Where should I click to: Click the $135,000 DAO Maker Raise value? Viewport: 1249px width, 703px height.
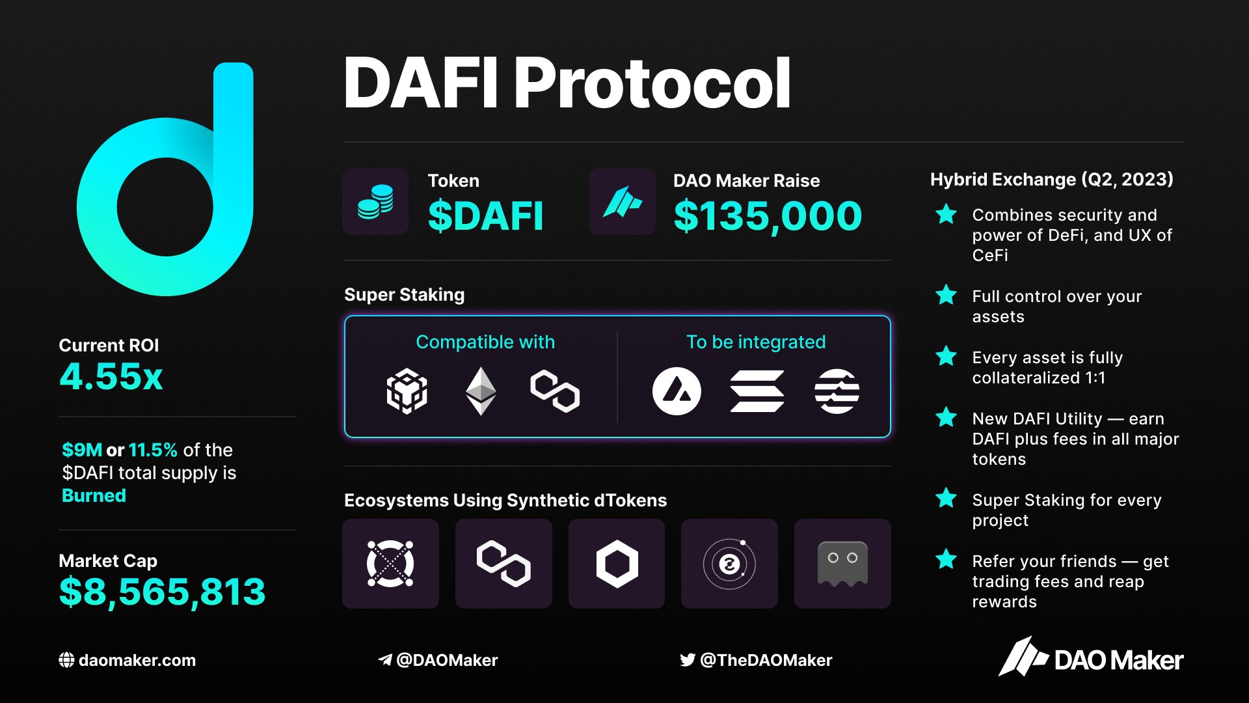[x=768, y=217]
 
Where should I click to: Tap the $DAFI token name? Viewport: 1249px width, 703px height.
[x=485, y=217]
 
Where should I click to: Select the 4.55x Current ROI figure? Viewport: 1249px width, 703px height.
[x=111, y=377]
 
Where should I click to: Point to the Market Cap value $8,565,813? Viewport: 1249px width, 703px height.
[x=162, y=592]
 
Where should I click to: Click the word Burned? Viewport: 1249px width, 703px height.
[x=94, y=496]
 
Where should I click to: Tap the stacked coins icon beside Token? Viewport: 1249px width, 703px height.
[x=375, y=202]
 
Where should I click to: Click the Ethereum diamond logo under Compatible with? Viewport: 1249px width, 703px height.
[x=481, y=391]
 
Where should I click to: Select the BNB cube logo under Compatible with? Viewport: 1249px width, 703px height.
[x=407, y=391]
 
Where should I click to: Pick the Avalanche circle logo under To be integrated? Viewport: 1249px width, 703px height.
[x=677, y=391]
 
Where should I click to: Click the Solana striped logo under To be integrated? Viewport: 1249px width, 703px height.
[x=757, y=391]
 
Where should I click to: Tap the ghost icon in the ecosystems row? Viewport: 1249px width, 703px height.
[x=842, y=564]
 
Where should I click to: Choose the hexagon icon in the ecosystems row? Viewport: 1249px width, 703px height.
[x=617, y=564]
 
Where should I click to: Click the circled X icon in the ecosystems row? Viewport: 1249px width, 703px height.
[x=390, y=564]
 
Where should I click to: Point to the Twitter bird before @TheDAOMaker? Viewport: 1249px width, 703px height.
[x=687, y=660]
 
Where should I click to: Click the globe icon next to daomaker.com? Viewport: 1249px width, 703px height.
[x=66, y=660]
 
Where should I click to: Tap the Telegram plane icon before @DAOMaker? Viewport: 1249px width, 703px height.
[x=385, y=660]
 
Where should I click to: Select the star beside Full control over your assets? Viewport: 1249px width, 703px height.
[x=946, y=296]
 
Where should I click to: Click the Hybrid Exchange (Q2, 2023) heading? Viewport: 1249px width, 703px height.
[x=1051, y=180]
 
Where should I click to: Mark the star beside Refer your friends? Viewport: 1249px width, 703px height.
[x=946, y=560]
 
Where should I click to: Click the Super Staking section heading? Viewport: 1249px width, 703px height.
[x=404, y=295]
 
